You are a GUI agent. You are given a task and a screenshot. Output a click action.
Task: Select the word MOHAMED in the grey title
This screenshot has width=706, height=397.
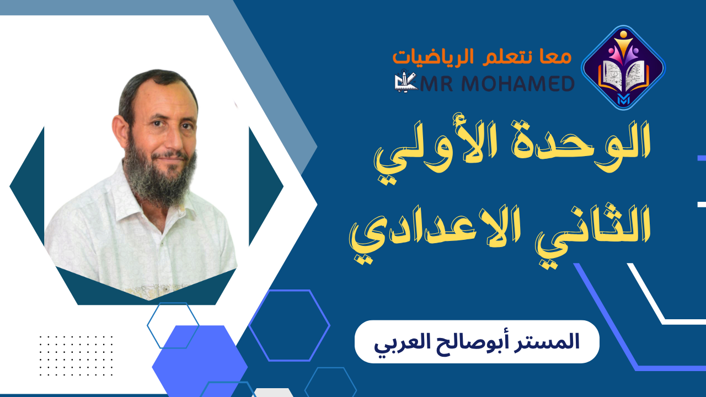pos(522,83)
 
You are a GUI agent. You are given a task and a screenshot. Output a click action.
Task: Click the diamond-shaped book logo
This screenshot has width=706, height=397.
pos(623,67)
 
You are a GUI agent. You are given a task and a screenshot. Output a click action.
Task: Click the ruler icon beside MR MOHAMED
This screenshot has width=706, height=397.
pos(406,83)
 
